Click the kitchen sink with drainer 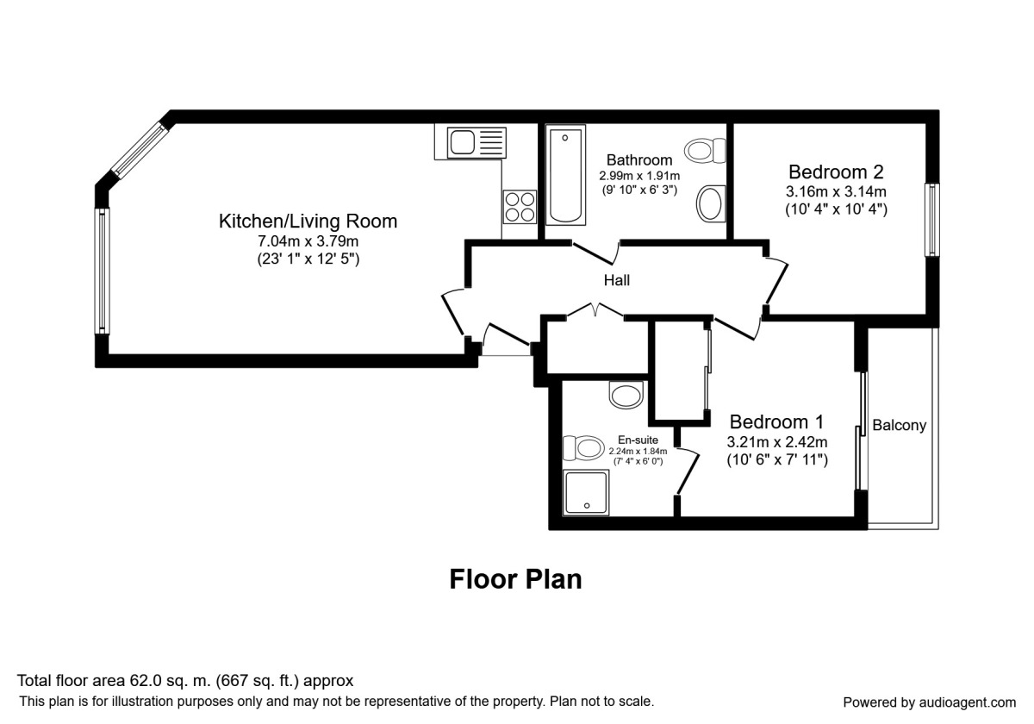tap(477, 143)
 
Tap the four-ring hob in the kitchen tap(520, 207)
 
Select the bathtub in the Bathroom tap(565, 175)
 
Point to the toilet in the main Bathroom tap(705, 151)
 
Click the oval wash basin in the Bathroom tap(711, 203)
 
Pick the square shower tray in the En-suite tap(586, 493)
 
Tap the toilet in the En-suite tap(583, 448)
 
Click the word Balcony tap(900, 425)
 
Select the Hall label tap(617, 280)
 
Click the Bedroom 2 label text tap(836, 172)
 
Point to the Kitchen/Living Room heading tap(308, 222)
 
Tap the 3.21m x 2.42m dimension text tap(777, 442)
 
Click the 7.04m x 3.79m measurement tap(308, 241)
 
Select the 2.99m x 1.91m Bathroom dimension tap(639, 176)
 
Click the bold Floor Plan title tap(515, 579)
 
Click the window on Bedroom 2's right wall tap(932, 220)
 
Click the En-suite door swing tap(688, 471)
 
